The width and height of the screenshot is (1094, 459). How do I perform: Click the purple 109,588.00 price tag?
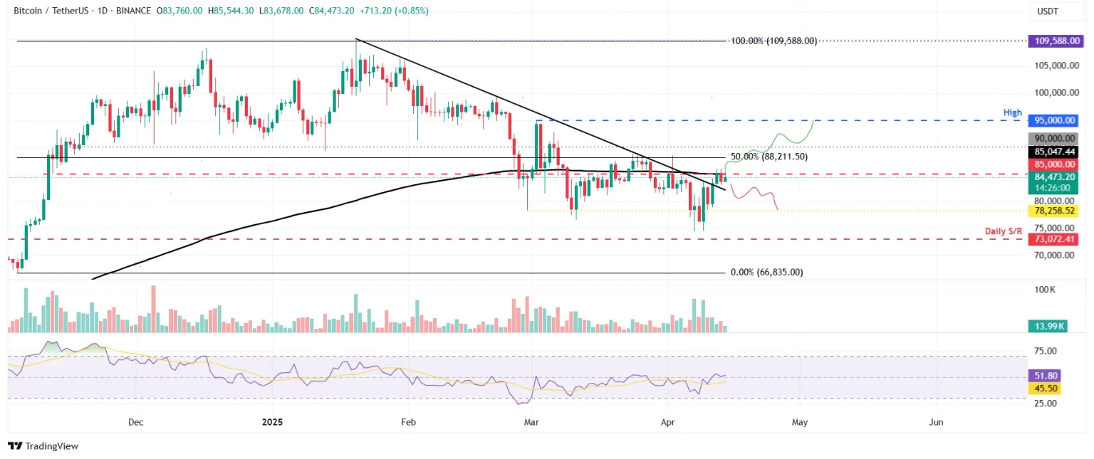pos(1053,42)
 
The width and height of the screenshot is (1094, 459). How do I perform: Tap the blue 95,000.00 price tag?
pos(1053,121)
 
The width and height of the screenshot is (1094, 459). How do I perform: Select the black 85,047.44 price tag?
pos(1053,152)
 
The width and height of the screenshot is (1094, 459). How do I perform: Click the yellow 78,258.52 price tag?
pos(1053,211)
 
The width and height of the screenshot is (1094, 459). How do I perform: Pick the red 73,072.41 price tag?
pos(1053,240)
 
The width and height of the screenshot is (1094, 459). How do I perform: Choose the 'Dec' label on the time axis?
pos(136,422)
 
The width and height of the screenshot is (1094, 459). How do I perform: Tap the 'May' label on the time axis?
pos(799,422)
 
